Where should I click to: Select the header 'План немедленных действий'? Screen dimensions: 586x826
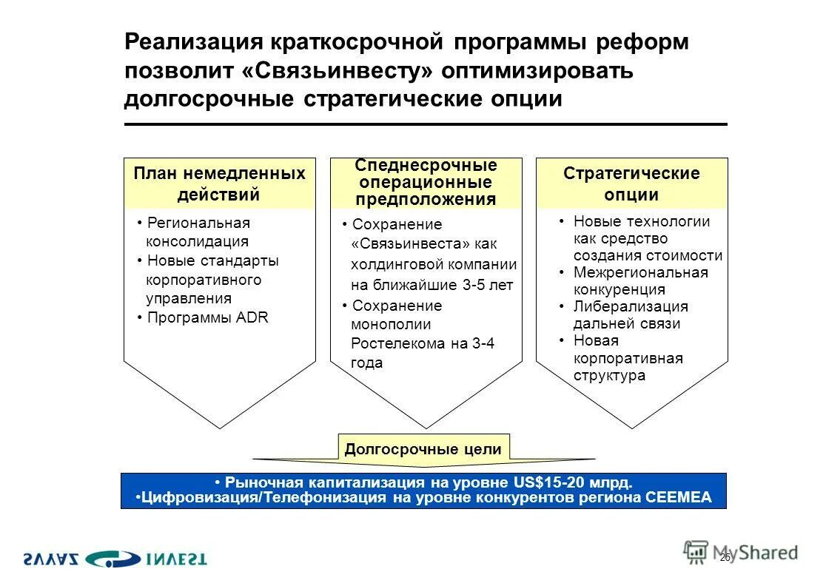[x=219, y=184]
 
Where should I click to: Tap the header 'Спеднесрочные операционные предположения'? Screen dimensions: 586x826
[x=426, y=182]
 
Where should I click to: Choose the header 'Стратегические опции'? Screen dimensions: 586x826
[x=631, y=184]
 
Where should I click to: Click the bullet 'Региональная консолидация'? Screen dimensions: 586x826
[x=198, y=232]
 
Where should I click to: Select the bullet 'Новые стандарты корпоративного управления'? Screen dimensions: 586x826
[x=207, y=280]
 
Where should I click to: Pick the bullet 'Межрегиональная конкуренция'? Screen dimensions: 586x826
[x=640, y=281]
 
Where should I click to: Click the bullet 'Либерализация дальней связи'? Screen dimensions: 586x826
[x=631, y=315]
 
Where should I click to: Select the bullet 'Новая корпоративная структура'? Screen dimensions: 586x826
[x=628, y=358]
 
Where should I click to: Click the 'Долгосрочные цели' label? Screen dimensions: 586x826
[x=423, y=448]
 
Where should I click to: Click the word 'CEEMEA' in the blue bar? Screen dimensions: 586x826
[x=678, y=498]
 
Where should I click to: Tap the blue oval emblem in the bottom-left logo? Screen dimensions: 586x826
[x=112, y=559]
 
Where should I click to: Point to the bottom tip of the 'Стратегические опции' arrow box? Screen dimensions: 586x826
[x=631, y=428]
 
